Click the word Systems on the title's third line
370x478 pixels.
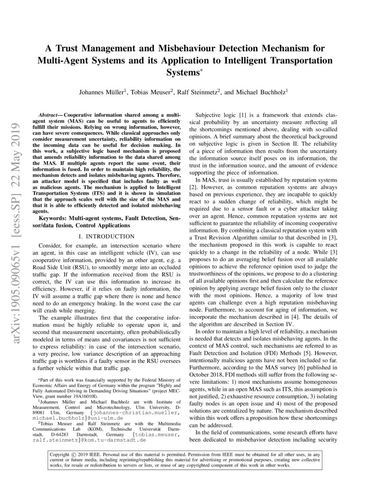pyautogui.click(x=183, y=72)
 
